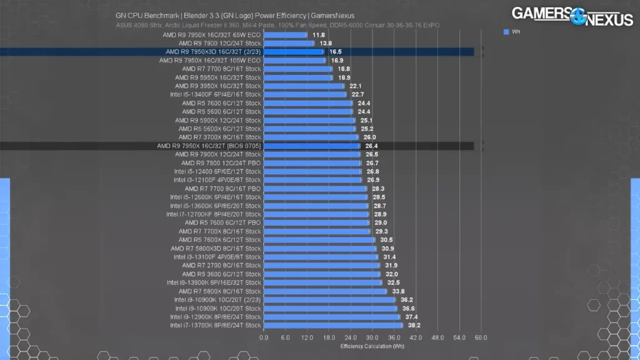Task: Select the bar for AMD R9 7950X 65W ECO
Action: [x=285, y=35]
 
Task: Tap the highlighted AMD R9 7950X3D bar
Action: [x=294, y=52]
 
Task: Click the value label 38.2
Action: [x=414, y=325]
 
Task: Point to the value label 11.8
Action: [x=319, y=35]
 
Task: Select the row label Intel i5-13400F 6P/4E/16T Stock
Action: [x=216, y=94]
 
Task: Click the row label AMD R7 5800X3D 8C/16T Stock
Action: [x=216, y=248]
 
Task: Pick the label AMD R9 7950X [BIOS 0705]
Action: [x=209, y=146]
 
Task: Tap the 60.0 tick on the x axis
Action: [x=481, y=337]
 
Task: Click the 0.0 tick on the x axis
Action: [x=264, y=337]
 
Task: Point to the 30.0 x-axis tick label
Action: [x=372, y=337]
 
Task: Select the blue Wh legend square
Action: [x=506, y=31]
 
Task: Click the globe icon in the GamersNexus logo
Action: [x=577, y=15]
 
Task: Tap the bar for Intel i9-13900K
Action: [x=322, y=282]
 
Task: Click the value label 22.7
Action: [x=357, y=94]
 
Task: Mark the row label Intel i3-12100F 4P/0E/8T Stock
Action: [x=217, y=180]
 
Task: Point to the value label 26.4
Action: [x=372, y=146]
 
